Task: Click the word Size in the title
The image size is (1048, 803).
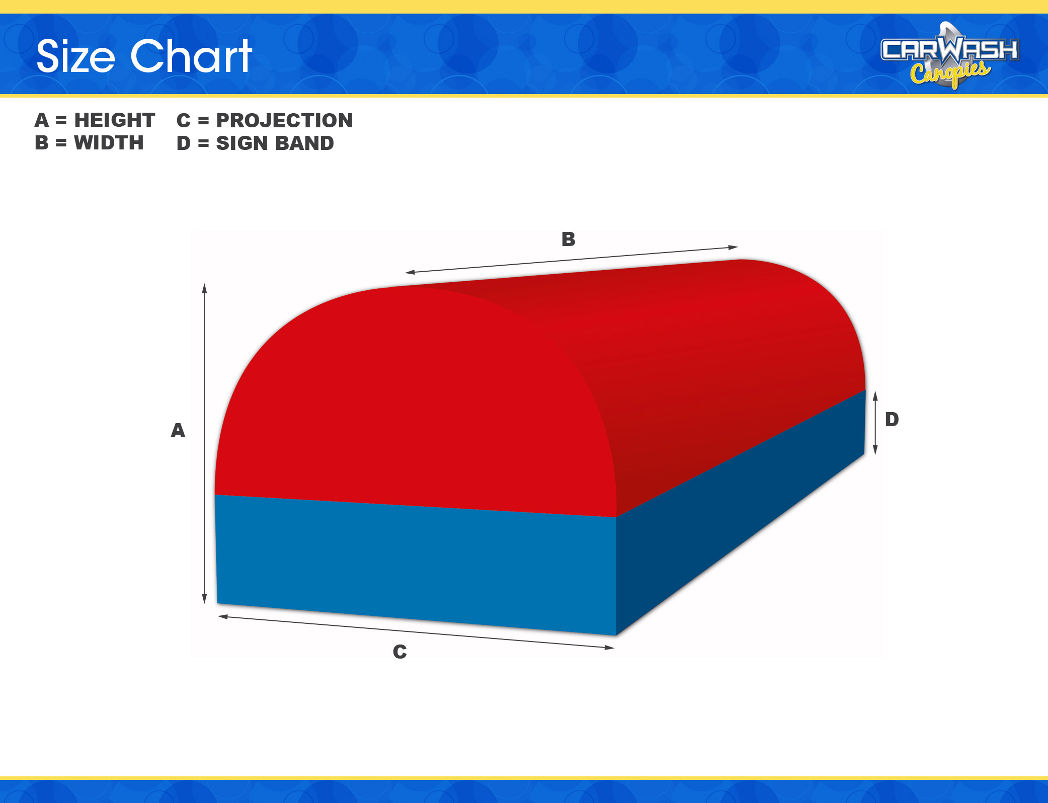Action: click(x=76, y=56)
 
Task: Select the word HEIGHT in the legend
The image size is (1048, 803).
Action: click(x=115, y=120)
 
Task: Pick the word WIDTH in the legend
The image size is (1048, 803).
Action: click(x=109, y=143)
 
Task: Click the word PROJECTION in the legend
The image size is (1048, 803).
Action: click(x=285, y=121)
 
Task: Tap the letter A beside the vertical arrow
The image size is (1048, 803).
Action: click(x=178, y=431)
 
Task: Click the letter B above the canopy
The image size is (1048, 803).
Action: click(x=569, y=239)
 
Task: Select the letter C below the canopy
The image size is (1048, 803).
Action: click(x=400, y=652)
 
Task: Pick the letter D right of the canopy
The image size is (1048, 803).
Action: click(x=892, y=419)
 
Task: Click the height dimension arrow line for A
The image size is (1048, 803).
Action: click(x=204, y=443)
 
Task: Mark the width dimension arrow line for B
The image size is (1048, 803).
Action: click(x=572, y=260)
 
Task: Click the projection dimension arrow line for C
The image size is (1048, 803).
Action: click(x=416, y=632)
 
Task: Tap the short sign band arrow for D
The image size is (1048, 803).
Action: click(x=875, y=423)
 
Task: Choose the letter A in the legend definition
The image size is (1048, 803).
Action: click(x=42, y=120)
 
